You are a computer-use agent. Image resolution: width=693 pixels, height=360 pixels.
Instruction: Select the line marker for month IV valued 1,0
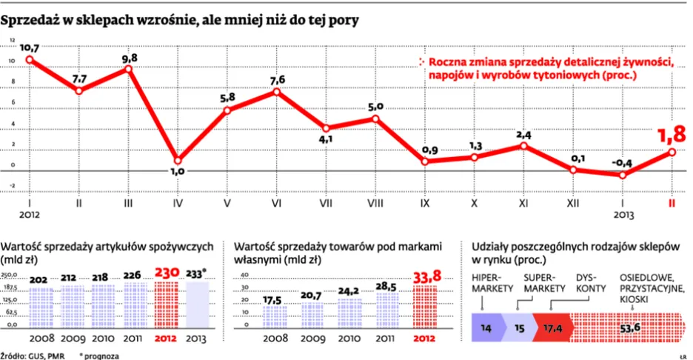[x=178, y=159]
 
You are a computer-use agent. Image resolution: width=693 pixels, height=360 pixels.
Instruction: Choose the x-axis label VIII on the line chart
[x=376, y=201]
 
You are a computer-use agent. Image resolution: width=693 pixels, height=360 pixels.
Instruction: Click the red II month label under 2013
[x=672, y=201]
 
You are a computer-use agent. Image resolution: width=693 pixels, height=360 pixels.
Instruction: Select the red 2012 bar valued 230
[x=166, y=304]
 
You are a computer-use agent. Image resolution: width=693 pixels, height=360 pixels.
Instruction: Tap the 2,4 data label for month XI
[x=524, y=134]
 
